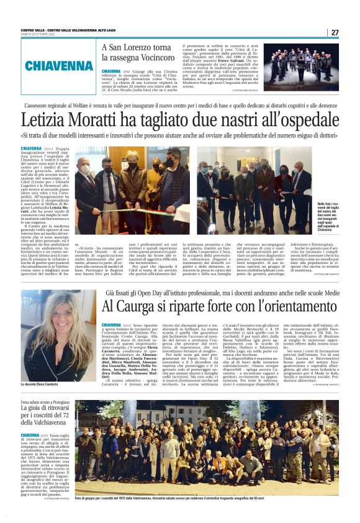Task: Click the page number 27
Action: coord(335,32)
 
